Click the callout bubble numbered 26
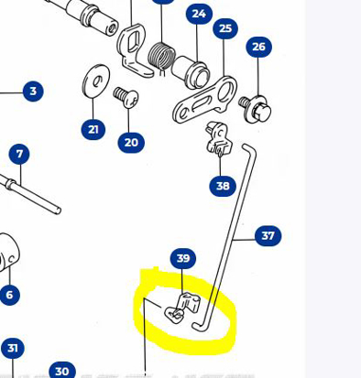[259, 47]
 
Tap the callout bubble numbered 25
[225, 29]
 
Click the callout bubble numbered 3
[33, 91]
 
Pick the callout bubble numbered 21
[93, 130]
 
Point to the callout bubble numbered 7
[19, 154]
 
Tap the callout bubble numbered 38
[223, 186]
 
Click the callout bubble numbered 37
[268, 235]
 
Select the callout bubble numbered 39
[183, 258]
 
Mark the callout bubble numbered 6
[10, 295]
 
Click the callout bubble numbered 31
[12, 348]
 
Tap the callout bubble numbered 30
[61, 370]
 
